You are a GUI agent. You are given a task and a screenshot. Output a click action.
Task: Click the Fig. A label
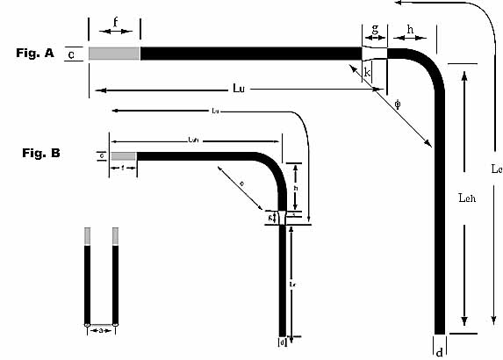point(35,53)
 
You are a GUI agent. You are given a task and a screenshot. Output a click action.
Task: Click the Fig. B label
point(40,153)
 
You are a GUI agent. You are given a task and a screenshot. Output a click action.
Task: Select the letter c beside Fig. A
point(71,54)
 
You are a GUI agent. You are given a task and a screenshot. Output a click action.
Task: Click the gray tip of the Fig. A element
point(114,54)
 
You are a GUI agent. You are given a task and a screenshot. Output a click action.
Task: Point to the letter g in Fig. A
point(375,29)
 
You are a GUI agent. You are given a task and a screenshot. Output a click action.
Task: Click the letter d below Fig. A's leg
point(439,352)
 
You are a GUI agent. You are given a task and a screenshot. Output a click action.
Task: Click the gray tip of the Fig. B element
point(124,156)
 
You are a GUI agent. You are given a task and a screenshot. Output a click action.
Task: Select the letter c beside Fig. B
point(102,155)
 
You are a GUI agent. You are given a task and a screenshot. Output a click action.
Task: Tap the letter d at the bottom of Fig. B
point(283,342)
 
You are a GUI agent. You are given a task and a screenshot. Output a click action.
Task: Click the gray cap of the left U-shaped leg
point(87,236)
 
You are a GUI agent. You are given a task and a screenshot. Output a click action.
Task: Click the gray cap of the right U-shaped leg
point(115,236)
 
